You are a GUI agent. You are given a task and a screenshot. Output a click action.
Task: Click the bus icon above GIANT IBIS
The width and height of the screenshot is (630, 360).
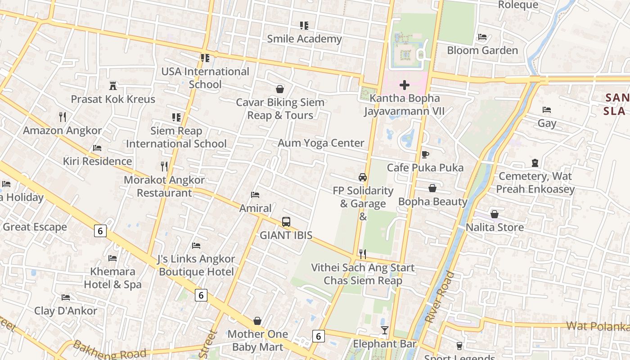[286, 221]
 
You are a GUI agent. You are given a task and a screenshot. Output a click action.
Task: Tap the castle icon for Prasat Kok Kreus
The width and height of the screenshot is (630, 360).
[113, 85]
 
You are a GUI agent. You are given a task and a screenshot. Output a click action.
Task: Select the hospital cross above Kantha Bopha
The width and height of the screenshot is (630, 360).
[404, 85]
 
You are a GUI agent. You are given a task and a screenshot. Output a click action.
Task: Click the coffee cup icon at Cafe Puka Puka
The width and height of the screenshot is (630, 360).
[425, 154]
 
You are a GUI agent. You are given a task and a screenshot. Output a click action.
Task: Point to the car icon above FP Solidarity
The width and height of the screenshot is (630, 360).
[363, 177]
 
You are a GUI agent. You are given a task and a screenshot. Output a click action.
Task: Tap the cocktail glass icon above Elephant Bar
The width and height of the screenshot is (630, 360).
[384, 331]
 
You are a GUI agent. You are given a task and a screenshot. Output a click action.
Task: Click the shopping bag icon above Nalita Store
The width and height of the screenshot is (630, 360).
[495, 214]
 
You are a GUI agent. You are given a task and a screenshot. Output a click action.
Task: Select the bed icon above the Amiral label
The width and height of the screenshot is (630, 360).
[255, 195]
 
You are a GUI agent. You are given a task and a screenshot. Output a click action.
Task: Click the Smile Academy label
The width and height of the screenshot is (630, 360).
[304, 39]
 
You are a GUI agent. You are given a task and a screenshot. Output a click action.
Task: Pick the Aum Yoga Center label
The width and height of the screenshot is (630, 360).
[321, 143]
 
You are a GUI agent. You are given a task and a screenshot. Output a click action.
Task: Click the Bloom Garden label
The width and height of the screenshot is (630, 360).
[482, 50]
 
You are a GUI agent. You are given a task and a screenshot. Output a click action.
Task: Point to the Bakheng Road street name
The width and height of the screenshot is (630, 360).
[109, 350]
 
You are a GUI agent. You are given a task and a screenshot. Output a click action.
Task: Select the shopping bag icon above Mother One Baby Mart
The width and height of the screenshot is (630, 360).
[257, 321]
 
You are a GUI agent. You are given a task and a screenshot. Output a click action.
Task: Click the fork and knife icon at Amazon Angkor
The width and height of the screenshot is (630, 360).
[63, 117]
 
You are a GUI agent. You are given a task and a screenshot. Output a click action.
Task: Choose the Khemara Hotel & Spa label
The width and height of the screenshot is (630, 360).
[112, 278]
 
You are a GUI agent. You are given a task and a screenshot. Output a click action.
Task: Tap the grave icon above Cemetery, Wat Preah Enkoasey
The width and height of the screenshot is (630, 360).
[535, 163]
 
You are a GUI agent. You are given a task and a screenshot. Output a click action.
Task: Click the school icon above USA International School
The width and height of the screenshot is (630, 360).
[205, 58]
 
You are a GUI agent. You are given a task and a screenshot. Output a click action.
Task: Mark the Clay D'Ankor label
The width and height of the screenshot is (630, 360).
[66, 311]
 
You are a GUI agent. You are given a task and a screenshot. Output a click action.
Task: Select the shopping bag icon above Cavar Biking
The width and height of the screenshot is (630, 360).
[280, 89]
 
